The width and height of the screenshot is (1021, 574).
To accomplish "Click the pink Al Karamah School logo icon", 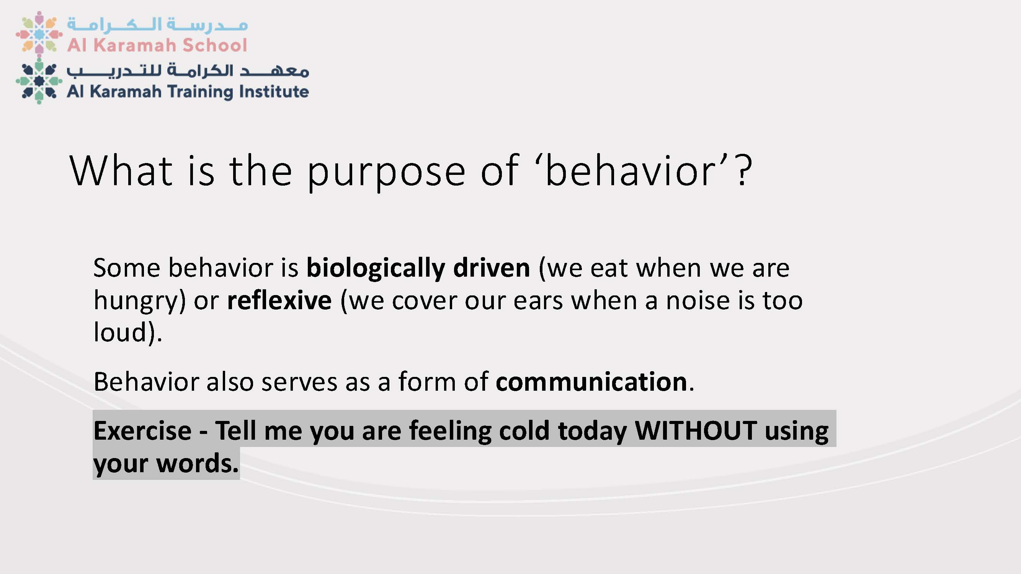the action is pos(39,33).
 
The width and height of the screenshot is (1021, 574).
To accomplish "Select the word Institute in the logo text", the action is pos(274,91).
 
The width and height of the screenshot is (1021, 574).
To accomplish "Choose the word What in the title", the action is pos(121,170).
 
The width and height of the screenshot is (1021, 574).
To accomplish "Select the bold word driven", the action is pos(492,268).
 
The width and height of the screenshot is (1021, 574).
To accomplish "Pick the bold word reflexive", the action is pos(279,300).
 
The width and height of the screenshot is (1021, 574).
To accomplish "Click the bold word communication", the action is pos(591,382).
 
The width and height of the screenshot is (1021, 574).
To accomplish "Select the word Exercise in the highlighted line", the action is pos(142,430).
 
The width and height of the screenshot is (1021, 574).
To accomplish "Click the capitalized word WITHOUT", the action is pos(696,430).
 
